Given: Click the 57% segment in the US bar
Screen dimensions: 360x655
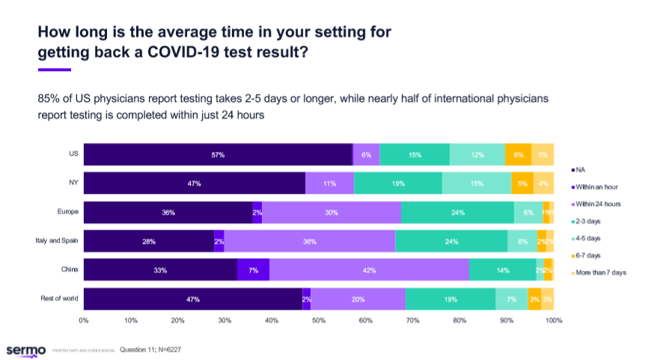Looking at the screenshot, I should click(x=218, y=154).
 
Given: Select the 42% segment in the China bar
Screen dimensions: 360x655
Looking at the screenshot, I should click(x=369, y=270).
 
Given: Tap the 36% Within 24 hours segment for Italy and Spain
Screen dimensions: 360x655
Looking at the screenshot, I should click(x=309, y=241).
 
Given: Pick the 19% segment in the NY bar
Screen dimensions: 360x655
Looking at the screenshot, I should click(x=398, y=183).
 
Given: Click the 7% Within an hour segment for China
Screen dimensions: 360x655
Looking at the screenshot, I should click(x=253, y=270).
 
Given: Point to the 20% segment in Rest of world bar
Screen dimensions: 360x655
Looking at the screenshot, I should click(x=358, y=299).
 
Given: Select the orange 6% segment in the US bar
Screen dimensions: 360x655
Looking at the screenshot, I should click(x=518, y=154).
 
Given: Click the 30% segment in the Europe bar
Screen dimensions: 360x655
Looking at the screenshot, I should click(x=331, y=213).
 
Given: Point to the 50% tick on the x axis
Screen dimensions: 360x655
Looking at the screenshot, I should click(x=319, y=321).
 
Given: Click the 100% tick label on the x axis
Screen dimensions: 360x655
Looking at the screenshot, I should click(x=553, y=321).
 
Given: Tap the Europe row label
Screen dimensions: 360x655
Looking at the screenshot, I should click(x=68, y=213).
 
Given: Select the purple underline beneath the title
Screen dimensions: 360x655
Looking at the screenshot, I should click(x=54, y=70).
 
